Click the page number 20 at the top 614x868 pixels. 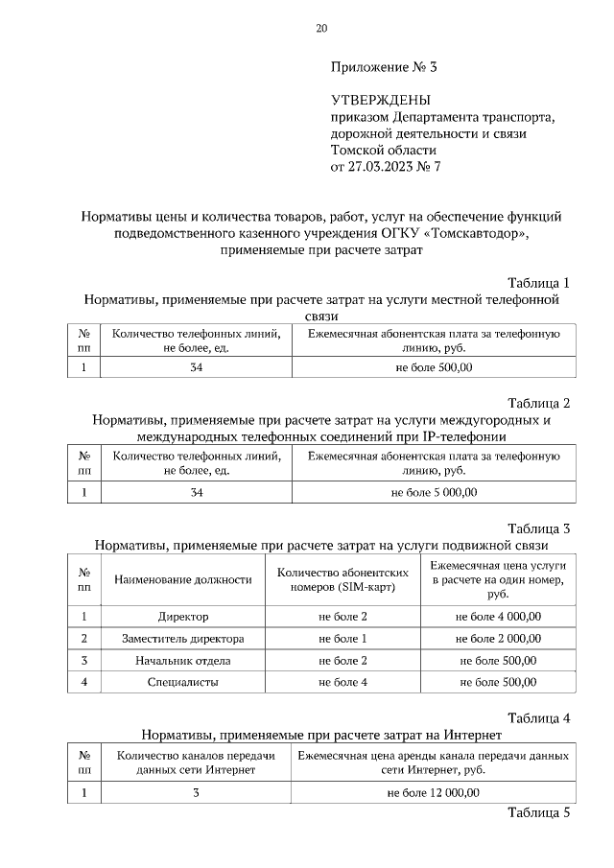pyautogui.click(x=321, y=28)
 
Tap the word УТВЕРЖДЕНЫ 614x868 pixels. pyautogui.click(x=381, y=101)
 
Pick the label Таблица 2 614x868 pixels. pyautogui.click(x=538, y=402)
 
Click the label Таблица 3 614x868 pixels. pyautogui.click(x=538, y=528)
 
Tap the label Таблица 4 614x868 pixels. pyautogui.click(x=538, y=717)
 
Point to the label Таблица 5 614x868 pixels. pyautogui.click(x=538, y=812)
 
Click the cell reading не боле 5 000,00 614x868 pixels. pyautogui.click(x=434, y=493)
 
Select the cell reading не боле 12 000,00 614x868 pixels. pyautogui.click(x=434, y=793)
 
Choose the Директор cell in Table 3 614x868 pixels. pyautogui.click(x=183, y=617)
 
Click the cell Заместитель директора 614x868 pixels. pyautogui.click(x=183, y=639)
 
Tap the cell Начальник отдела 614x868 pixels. pyautogui.click(x=183, y=661)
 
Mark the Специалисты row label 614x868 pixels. pyautogui.click(x=183, y=682)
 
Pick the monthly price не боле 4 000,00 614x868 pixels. pyautogui.click(x=498, y=617)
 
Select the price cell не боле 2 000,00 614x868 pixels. pyautogui.click(x=498, y=639)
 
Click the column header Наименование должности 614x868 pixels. pyautogui.click(x=183, y=579)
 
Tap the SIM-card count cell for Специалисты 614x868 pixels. pyautogui.click(x=342, y=682)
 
